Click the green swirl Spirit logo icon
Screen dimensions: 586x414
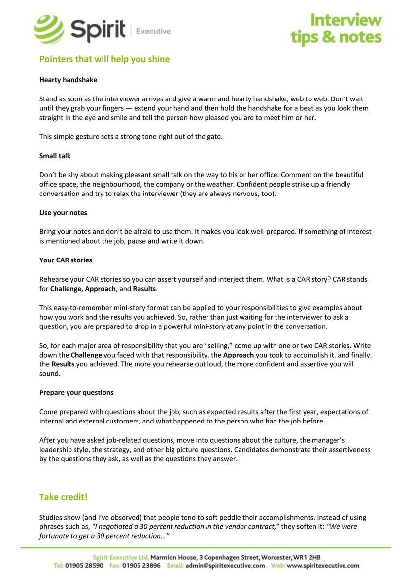coord(49,30)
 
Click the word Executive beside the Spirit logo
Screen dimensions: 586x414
coord(153,32)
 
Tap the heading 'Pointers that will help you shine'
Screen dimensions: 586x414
coord(104,59)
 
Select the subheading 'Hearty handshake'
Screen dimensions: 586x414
coord(68,80)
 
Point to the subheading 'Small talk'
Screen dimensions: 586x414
coord(55,156)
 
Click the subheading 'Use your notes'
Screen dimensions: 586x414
coord(63,213)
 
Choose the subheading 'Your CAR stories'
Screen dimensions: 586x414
coord(66,260)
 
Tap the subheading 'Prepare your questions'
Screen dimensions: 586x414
coord(76,392)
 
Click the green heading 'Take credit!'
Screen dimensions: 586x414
coord(64,497)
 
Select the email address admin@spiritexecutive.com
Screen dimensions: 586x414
coord(225,566)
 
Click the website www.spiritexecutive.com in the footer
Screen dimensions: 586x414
coord(323,566)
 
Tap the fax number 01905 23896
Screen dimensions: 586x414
coord(141,566)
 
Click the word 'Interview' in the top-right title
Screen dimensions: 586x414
coord(346,20)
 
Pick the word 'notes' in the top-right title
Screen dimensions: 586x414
coord(359,37)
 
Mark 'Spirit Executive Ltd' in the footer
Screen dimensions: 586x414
coord(121,557)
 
